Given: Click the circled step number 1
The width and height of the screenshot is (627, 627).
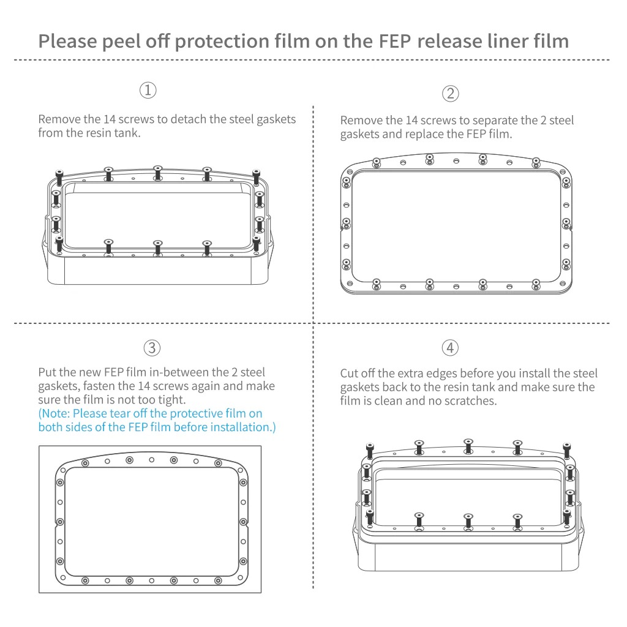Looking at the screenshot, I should point(148,91).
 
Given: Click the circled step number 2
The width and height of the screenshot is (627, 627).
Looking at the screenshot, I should point(450,94).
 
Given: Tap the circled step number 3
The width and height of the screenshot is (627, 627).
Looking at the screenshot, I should point(152,348).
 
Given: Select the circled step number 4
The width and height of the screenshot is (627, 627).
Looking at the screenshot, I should point(450,348).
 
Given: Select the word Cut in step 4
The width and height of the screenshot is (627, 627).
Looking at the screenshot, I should point(350,374).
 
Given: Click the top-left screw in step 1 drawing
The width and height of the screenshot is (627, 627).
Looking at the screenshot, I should point(59,176).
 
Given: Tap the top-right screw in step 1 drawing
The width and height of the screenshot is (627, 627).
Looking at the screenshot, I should point(256,176).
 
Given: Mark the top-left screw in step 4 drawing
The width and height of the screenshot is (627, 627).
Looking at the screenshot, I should point(370,448).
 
